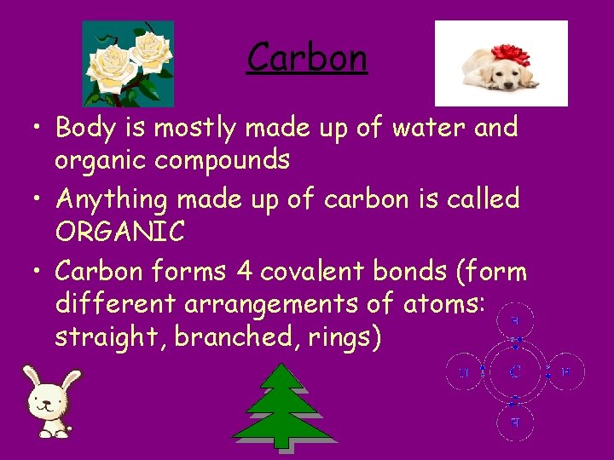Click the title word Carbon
point(307,59)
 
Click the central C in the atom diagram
point(516,372)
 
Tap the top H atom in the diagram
point(516,321)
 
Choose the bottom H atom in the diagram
point(516,422)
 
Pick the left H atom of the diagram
point(463,372)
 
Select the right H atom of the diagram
point(565,372)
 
